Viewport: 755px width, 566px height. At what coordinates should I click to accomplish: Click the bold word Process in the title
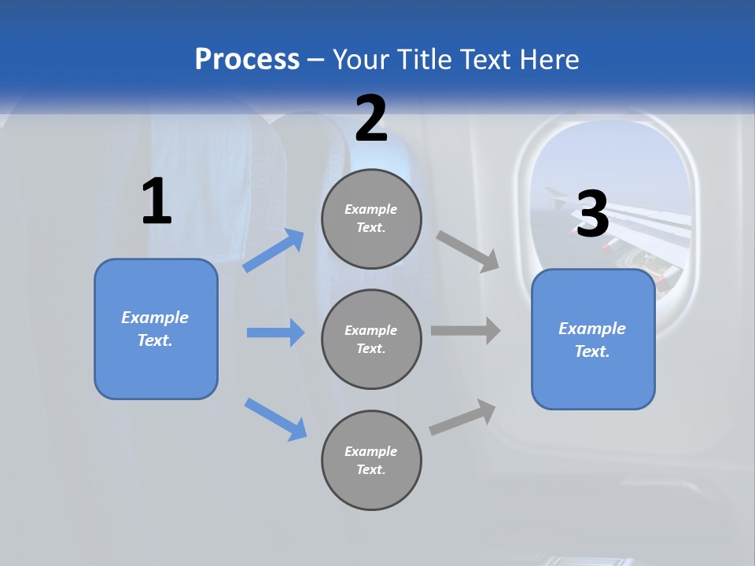click(247, 60)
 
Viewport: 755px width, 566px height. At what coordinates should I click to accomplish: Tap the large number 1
click(157, 202)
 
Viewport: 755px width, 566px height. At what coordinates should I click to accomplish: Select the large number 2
click(371, 119)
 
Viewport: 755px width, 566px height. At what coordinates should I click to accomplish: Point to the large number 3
click(593, 215)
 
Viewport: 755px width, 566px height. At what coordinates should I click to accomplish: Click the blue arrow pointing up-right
click(274, 251)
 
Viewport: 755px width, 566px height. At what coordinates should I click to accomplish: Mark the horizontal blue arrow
click(275, 333)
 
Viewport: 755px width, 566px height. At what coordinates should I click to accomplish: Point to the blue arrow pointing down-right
click(275, 419)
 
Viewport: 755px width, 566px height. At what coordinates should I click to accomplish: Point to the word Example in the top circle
click(370, 209)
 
